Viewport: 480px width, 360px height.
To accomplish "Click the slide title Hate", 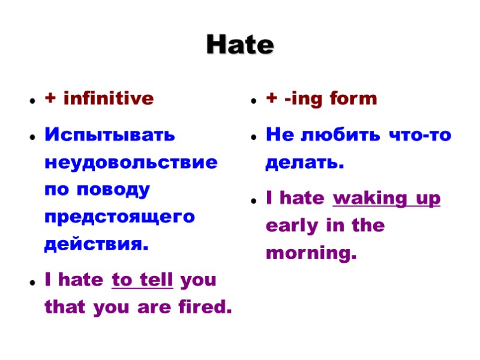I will click(240, 45).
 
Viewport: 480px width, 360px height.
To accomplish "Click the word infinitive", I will click(109, 98).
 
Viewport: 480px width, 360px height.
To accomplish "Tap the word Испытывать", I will click(110, 135).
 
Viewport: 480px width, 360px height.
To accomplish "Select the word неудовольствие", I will click(131, 163).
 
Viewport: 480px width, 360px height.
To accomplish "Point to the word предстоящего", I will click(120, 217).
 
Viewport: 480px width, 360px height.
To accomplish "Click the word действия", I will click(96, 245).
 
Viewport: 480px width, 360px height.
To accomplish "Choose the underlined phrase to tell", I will click(143, 280).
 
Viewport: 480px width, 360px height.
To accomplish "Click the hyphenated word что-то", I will click(420, 135).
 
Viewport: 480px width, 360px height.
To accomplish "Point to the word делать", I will click(305, 163).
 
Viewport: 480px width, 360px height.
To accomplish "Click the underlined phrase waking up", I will click(386, 198).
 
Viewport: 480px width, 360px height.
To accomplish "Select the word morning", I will click(311, 254).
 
